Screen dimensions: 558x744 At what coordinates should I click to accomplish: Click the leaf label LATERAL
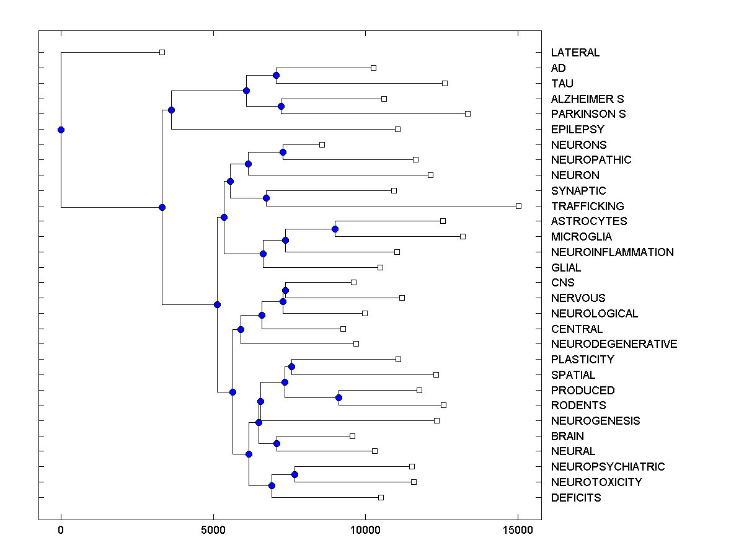[x=575, y=53]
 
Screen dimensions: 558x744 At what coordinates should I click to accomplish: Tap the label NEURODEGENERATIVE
[x=614, y=344]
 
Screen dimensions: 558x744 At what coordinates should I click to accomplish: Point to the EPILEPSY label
[x=577, y=130]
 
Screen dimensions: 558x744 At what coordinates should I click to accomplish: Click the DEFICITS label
[x=575, y=498]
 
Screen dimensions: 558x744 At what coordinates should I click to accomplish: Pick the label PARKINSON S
[x=588, y=114]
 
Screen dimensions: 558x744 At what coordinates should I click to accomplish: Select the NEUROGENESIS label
[x=595, y=421]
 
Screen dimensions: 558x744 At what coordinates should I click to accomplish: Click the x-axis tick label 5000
[x=213, y=529]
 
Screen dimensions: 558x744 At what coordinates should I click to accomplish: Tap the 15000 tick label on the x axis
[x=518, y=529]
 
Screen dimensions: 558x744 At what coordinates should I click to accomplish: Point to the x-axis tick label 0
[x=61, y=529]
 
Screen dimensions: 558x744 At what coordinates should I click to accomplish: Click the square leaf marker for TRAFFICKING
[x=519, y=206]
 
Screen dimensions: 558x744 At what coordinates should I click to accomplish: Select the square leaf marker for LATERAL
[x=162, y=53]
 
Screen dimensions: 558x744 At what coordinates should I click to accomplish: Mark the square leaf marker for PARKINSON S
[x=468, y=113]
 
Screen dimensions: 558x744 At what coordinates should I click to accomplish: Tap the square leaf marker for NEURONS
[x=322, y=144]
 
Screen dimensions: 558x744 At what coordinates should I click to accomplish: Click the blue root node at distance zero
[x=61, y=130]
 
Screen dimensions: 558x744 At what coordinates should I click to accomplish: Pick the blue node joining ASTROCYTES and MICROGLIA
[x=335, y=229]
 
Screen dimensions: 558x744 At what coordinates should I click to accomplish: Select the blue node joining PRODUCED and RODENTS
[x=339, y=397]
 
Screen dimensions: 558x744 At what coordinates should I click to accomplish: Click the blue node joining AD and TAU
[x=276, y=76]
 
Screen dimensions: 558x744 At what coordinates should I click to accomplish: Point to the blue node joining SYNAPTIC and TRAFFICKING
[x=266, y=198]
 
